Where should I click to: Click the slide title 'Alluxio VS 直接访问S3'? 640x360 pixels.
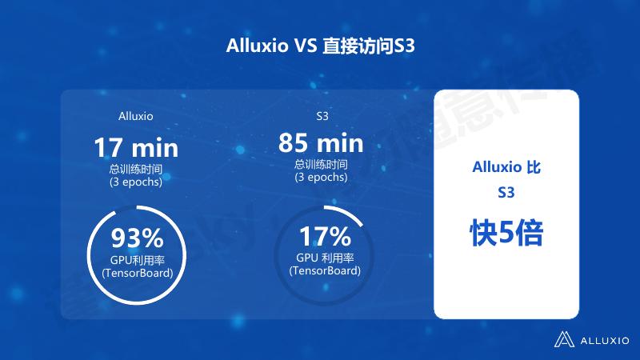[320, 46]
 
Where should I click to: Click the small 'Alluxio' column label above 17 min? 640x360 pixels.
[135, 116]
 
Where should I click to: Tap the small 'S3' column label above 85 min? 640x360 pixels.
[322, 116]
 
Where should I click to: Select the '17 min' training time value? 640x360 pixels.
[136, 148]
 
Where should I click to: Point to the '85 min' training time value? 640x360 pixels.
[321, 144]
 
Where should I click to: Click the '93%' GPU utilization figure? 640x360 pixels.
[137, 238]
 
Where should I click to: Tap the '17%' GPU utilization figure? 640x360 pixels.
[325, 236]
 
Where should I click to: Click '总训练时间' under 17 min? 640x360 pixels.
[135, 170]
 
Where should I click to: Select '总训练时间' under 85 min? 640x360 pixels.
[320, 165]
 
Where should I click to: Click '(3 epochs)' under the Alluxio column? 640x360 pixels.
[135, 182]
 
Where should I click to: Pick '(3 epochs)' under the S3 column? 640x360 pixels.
[320, 177]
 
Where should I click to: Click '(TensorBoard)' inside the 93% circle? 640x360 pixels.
[137, 274]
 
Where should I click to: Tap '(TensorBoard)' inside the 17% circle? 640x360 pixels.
[325, 270]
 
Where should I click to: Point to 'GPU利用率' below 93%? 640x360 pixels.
[137, 261]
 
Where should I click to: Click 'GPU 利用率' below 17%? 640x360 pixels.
[325, 258]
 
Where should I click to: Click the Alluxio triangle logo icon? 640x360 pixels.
[566, 338]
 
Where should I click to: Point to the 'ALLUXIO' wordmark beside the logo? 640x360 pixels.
[604, 339]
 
